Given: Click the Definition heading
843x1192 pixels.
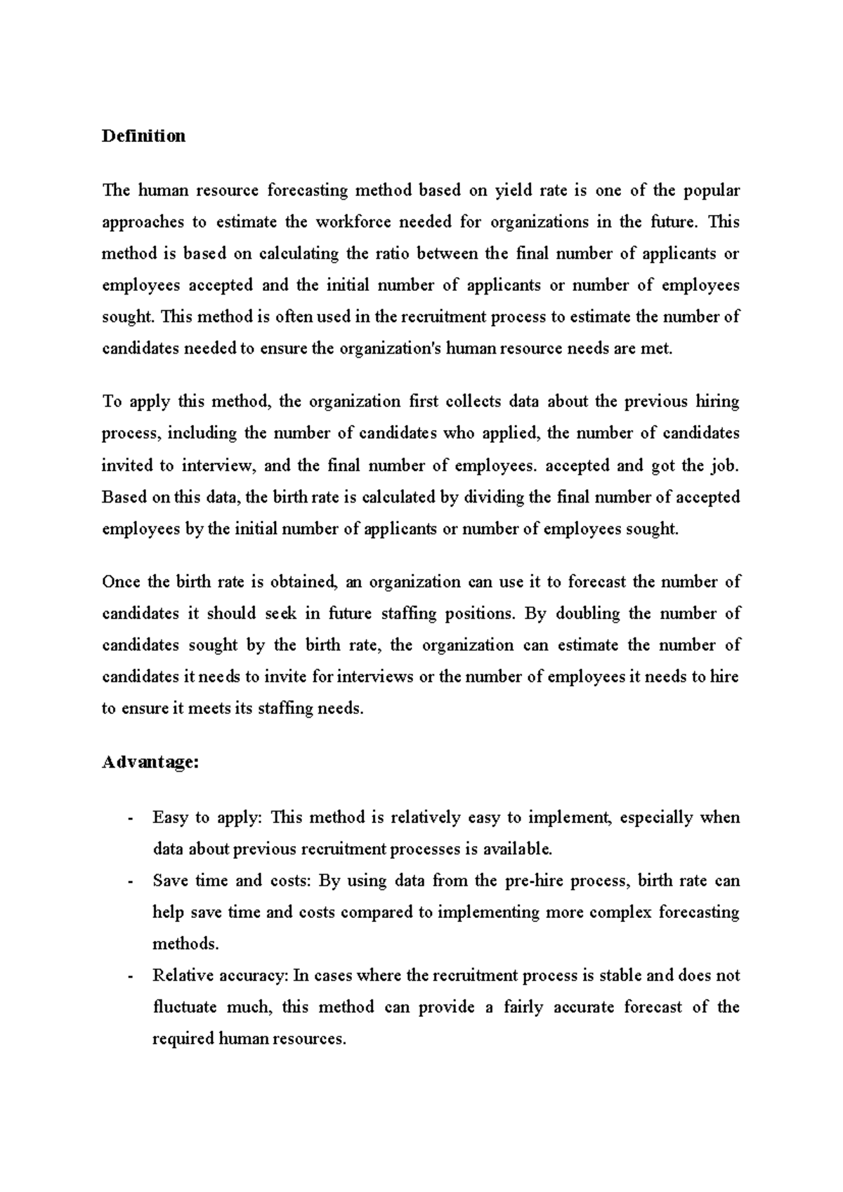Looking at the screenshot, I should pyautogui.click(x=143, y=136).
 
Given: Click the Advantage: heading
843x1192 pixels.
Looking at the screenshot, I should pyautogui.click(x=150, y=763).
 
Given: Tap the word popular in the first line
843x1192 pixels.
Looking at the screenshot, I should pyautogui.click(x=712, y=190).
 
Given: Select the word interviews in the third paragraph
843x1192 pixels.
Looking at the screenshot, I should pyautogui.click(x=375, y=677).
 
